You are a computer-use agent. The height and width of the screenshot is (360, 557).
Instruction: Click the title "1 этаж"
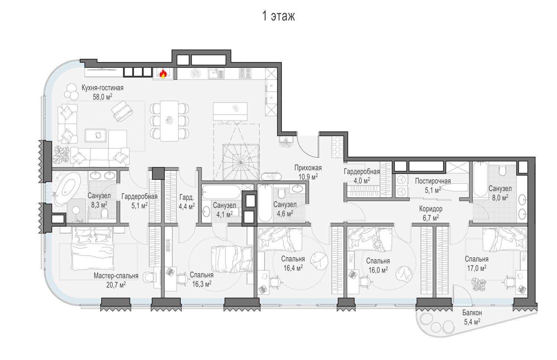(x=278, y=16)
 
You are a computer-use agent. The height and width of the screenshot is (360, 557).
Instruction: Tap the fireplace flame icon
(x=163, y=74)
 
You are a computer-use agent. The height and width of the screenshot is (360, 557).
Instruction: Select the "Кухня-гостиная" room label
(x=102, y=88)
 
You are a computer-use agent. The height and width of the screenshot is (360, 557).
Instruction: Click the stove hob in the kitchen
(x=245, y=74)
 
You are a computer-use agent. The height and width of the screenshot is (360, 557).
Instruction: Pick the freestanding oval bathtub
(x=67, y=189)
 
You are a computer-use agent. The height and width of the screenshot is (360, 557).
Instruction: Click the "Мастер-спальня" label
(x=116, y=276)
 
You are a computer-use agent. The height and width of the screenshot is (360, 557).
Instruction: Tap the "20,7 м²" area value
(x=116, y=285)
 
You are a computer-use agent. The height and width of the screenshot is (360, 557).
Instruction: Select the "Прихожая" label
(x=308, y=168)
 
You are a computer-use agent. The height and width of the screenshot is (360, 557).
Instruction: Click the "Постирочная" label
(x=433, y=181)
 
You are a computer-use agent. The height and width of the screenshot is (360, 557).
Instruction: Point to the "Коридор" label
(x=431, y=209)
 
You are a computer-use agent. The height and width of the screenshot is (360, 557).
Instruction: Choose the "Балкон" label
(x=472, y=312)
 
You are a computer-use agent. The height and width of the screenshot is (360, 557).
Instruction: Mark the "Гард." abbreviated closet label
(x=186, y=197)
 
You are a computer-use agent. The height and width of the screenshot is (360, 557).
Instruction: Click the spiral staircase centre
(x=241, y=162)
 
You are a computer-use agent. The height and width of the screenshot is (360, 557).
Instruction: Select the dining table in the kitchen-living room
(x=169, y=121)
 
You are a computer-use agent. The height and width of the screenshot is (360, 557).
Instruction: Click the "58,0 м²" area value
(x=102, y=97)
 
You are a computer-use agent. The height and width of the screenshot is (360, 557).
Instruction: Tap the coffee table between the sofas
(x=96, y=135)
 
